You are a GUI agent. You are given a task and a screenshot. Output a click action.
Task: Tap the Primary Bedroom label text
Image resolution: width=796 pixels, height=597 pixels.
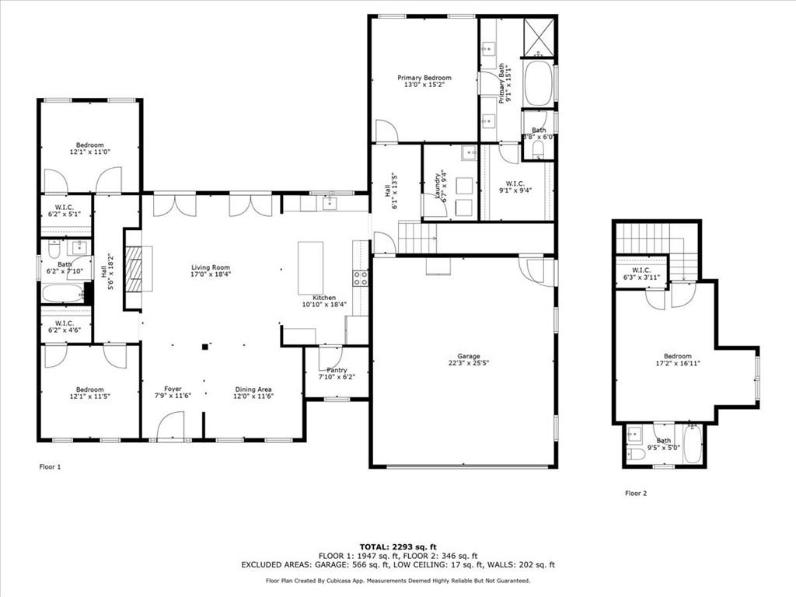[x=424, y=78]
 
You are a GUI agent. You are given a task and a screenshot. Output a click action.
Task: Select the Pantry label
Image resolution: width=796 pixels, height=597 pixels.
[x=337, y=370]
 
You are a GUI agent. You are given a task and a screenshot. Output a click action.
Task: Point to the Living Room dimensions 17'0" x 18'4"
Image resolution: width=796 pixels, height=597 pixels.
[x=211, y=274]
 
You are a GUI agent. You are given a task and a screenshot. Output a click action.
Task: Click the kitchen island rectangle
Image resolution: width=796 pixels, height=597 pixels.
[x=310, y=267]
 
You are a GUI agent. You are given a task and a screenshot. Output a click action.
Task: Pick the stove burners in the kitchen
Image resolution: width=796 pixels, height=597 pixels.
[x=361, y=278]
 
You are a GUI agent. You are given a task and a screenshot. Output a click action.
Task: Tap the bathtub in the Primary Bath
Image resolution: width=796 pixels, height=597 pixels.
[x=538, y=83]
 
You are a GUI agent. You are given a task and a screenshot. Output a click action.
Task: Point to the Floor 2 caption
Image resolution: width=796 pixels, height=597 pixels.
[x=636, y=493]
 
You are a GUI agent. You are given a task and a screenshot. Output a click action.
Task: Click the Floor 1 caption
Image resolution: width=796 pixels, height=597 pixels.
[x=50, y=467]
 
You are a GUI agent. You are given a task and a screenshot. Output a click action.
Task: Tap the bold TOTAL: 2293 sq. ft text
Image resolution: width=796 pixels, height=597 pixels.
[x=397, y=546]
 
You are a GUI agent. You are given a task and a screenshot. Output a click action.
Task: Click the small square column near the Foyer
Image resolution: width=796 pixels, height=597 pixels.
[x=205, y=347]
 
